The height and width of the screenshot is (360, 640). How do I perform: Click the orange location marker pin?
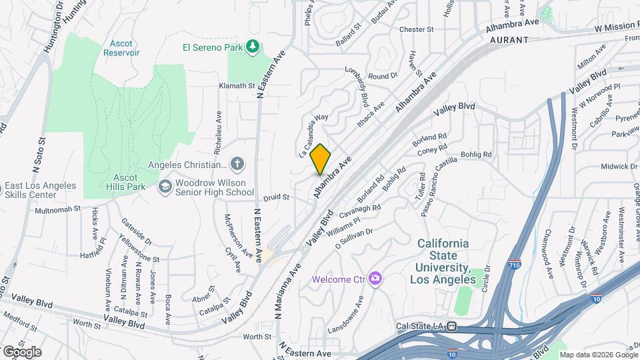(x=321, y=159)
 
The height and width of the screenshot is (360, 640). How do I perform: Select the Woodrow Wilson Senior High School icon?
(x=164, y=187)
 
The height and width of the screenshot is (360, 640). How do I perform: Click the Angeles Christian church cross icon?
(x=237, y=165)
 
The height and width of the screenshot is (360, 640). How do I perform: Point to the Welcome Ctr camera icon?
(x=375, y=278)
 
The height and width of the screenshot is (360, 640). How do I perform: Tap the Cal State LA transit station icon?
(x=452, y=327)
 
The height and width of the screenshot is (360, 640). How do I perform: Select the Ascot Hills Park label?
(x=107, y=183)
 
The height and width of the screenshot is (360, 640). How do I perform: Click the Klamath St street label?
(x=237, y=86)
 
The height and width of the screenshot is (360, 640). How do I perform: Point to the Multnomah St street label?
(x=58, y=209)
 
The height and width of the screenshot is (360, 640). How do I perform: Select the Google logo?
(x=22, y=351)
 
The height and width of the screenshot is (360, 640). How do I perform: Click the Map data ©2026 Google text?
(x=598, y=355)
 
